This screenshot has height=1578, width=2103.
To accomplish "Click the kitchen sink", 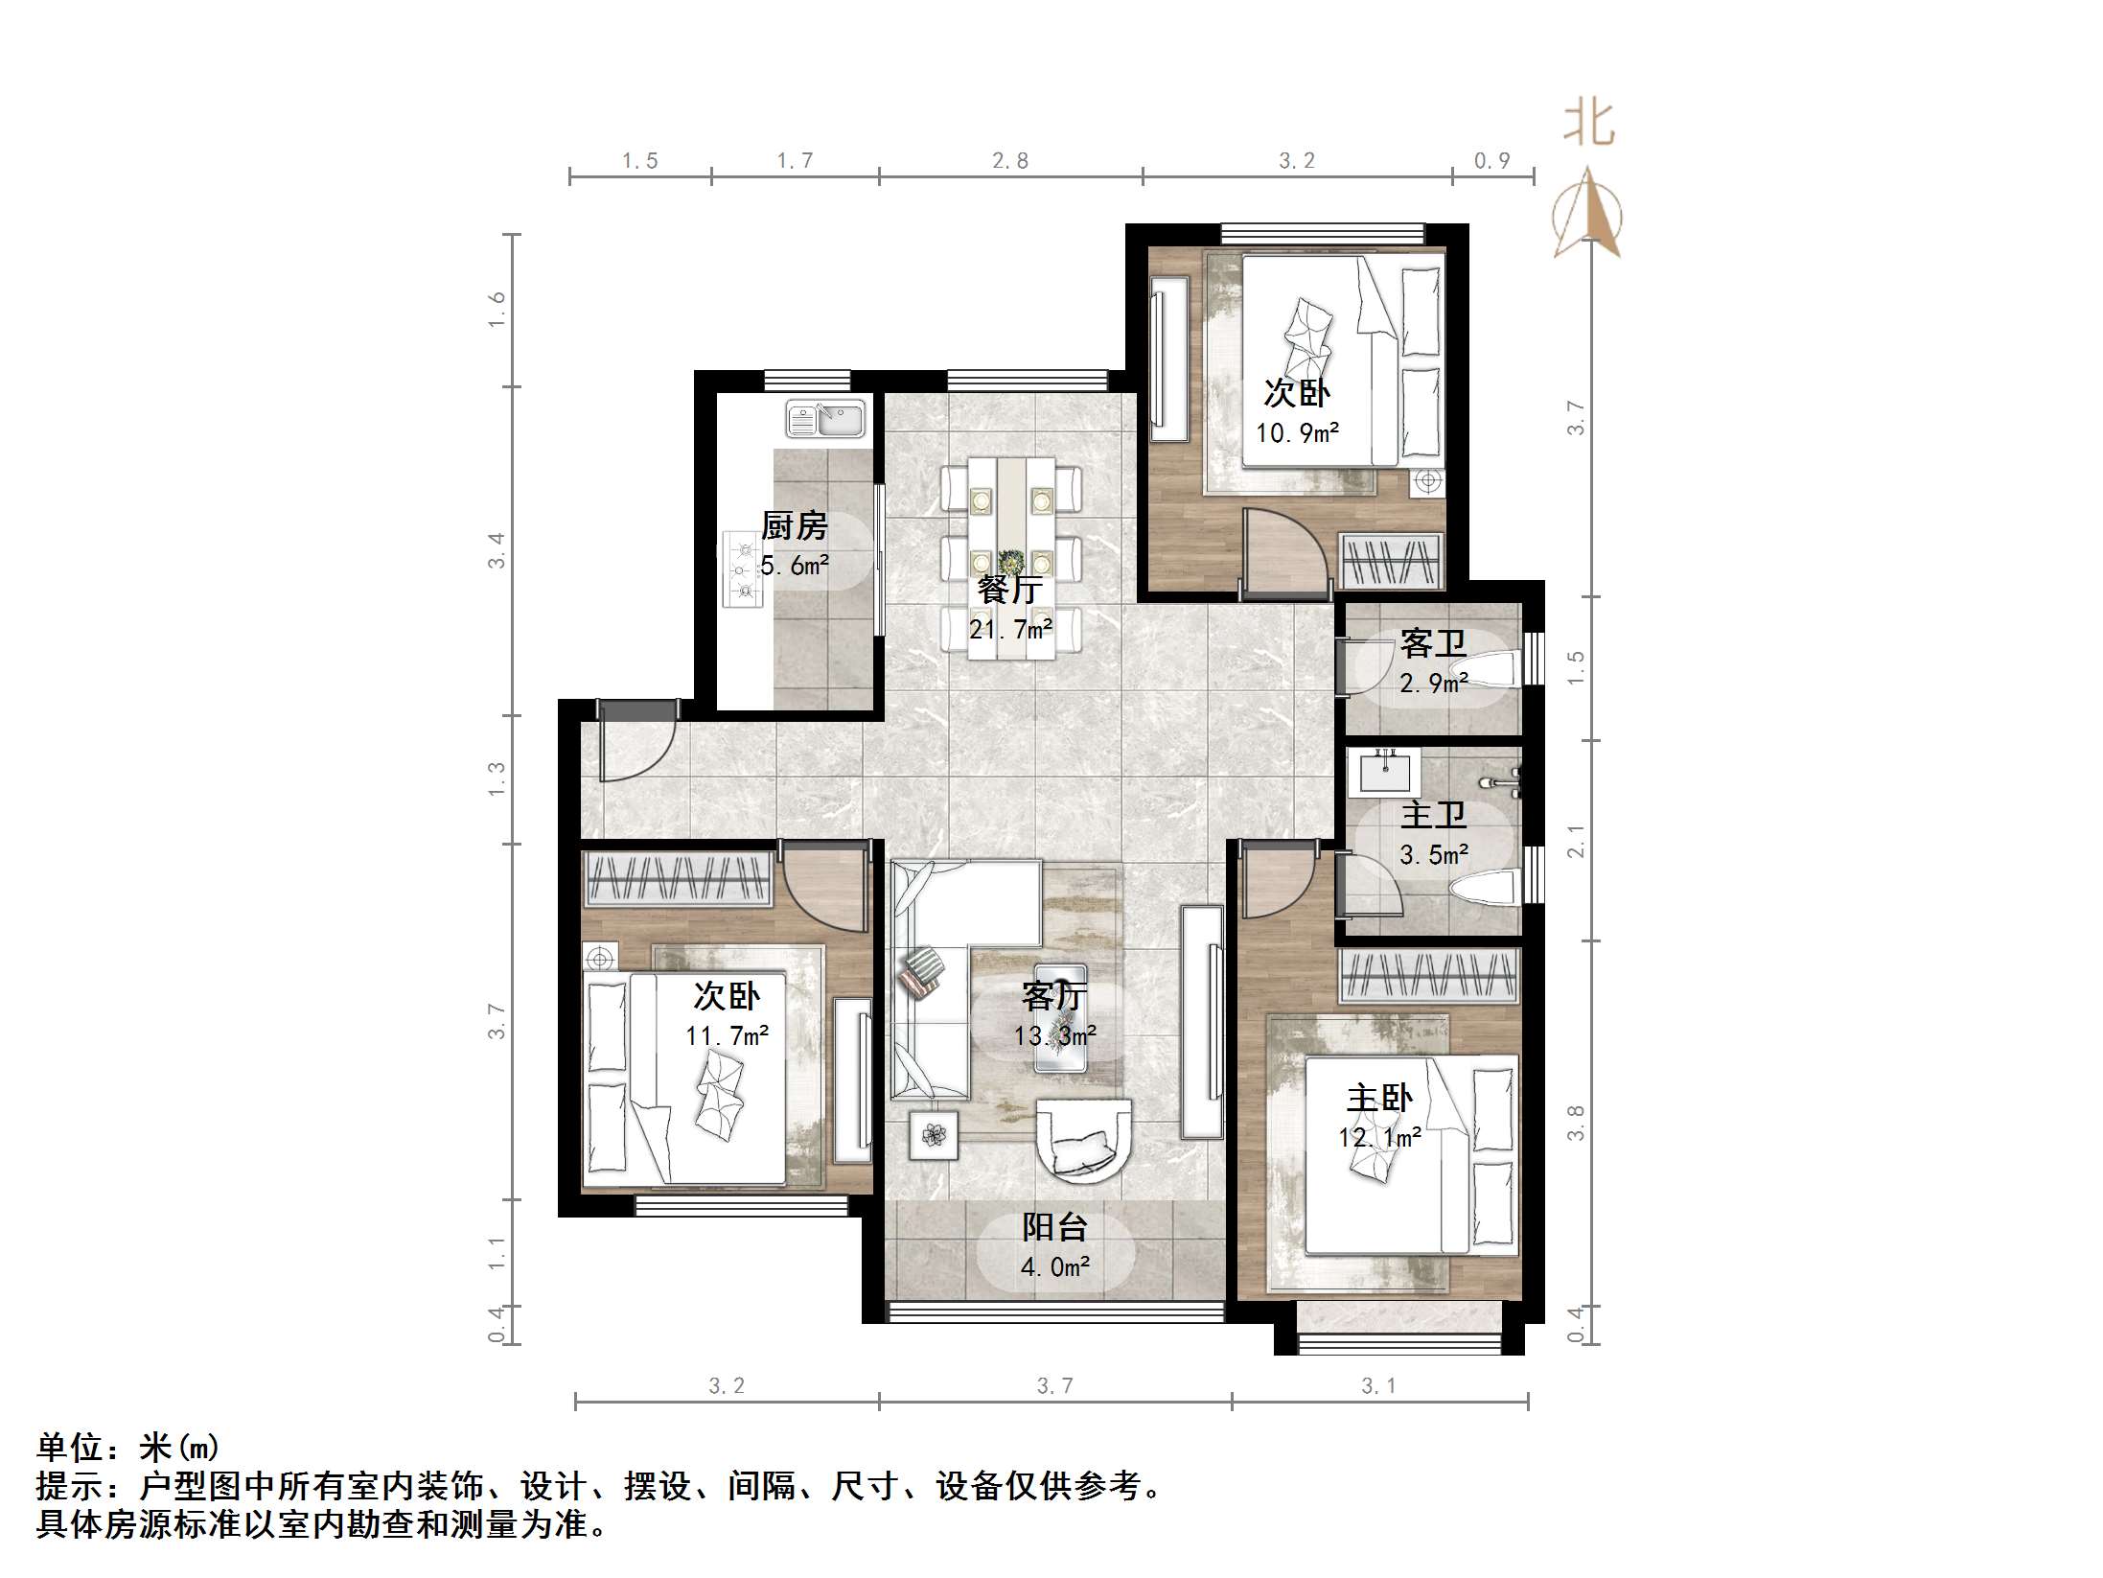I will [x=825, y=419].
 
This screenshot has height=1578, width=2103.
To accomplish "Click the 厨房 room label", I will [x=794, y=525].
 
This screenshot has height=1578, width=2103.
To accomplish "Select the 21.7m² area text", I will [x=1010, y=630].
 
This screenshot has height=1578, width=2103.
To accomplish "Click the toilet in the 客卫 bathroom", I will [x=1491, y=669].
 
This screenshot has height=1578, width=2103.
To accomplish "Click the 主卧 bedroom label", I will [x=1379, y=1098].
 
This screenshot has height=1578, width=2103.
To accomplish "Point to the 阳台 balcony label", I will [x=1054, y=1227].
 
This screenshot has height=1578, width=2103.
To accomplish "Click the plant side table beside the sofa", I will [x=934, y=1136].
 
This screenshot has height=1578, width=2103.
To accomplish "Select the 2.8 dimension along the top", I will [x=1010, y=161].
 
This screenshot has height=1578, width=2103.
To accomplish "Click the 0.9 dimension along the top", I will [x=1492, y=161].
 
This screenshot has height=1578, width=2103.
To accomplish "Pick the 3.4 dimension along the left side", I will [x=497, y=550].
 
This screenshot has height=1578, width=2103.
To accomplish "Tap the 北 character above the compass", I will [x=1588, y=125].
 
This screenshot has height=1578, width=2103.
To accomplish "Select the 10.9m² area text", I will [x=1298, y=432].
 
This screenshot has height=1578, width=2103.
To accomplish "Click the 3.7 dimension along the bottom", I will [x=1054, y=1385].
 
